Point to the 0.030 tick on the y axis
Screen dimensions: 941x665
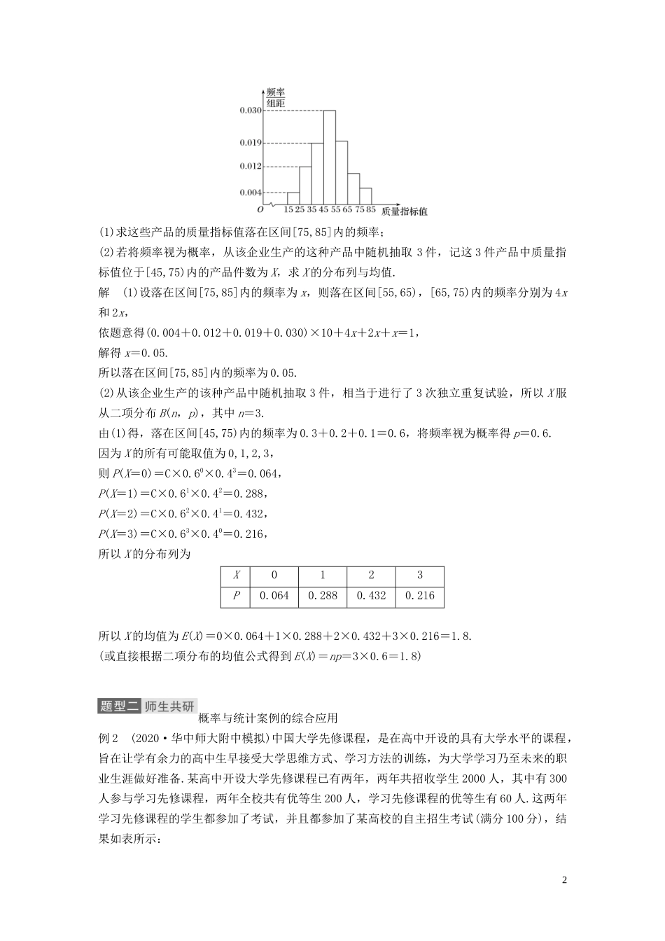click(x=250, y=110)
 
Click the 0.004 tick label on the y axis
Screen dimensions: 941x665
click(x=250, y=192)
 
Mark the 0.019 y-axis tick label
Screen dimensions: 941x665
click(x=250, y=142)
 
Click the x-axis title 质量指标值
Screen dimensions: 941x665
click(x=405, y=210)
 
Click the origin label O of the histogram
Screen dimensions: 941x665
click(x=260, y=209)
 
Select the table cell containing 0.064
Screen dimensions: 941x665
click(x=274, y=596)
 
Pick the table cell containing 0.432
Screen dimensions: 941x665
click(x=371, y=596)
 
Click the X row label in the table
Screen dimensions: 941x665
click(x=237, y=576)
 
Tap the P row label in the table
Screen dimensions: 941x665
click(x=237, y=596)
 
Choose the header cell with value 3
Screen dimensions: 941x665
click(x=420, y=576)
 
